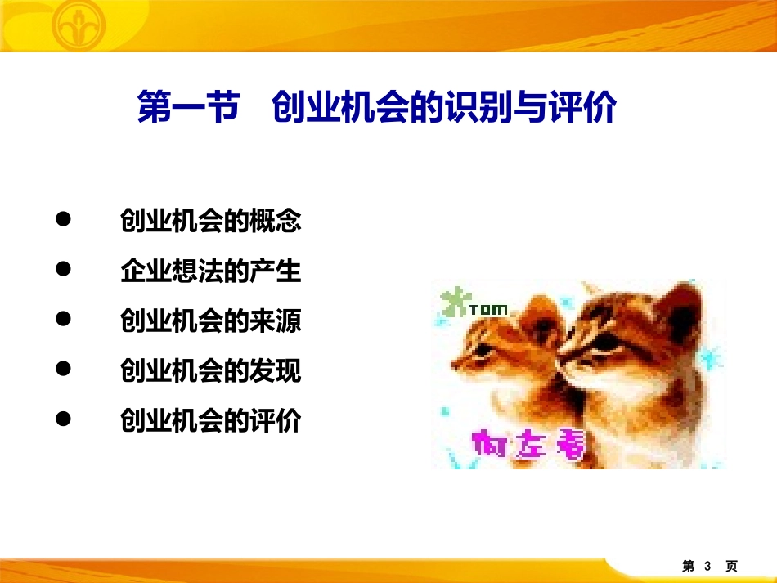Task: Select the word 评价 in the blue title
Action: tap(586, 108)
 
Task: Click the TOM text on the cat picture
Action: tap(488, 310)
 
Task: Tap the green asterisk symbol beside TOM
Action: tap(451, 302)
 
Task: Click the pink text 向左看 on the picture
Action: tap(528, 446)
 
